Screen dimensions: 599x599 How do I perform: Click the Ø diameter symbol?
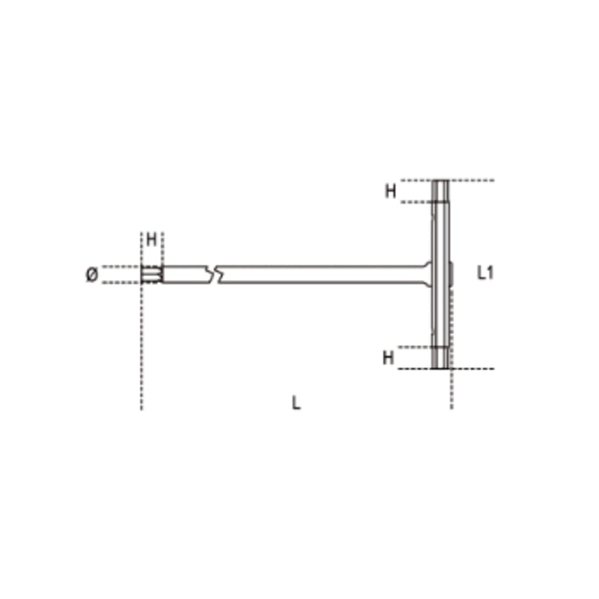coord(91,275)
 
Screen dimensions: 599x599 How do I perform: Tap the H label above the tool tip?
coord(151,240)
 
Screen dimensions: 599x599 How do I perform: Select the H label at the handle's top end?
coord(390,192)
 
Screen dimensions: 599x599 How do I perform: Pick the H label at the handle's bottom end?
coord(388,358)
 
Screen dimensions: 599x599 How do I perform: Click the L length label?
coord(297,404)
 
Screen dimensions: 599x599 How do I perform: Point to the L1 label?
coord(485,273)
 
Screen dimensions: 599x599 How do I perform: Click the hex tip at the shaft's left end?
coord(150,275)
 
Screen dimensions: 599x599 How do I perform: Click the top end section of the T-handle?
coord(441,191)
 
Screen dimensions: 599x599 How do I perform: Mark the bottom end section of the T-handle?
coord(441,358)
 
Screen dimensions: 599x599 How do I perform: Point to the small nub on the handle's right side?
coord(452,273)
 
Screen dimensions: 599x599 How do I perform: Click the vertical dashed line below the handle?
coord(451,389)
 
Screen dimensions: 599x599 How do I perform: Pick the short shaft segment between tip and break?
coord(185,274)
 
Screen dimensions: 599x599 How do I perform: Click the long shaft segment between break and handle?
coord(314,274)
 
